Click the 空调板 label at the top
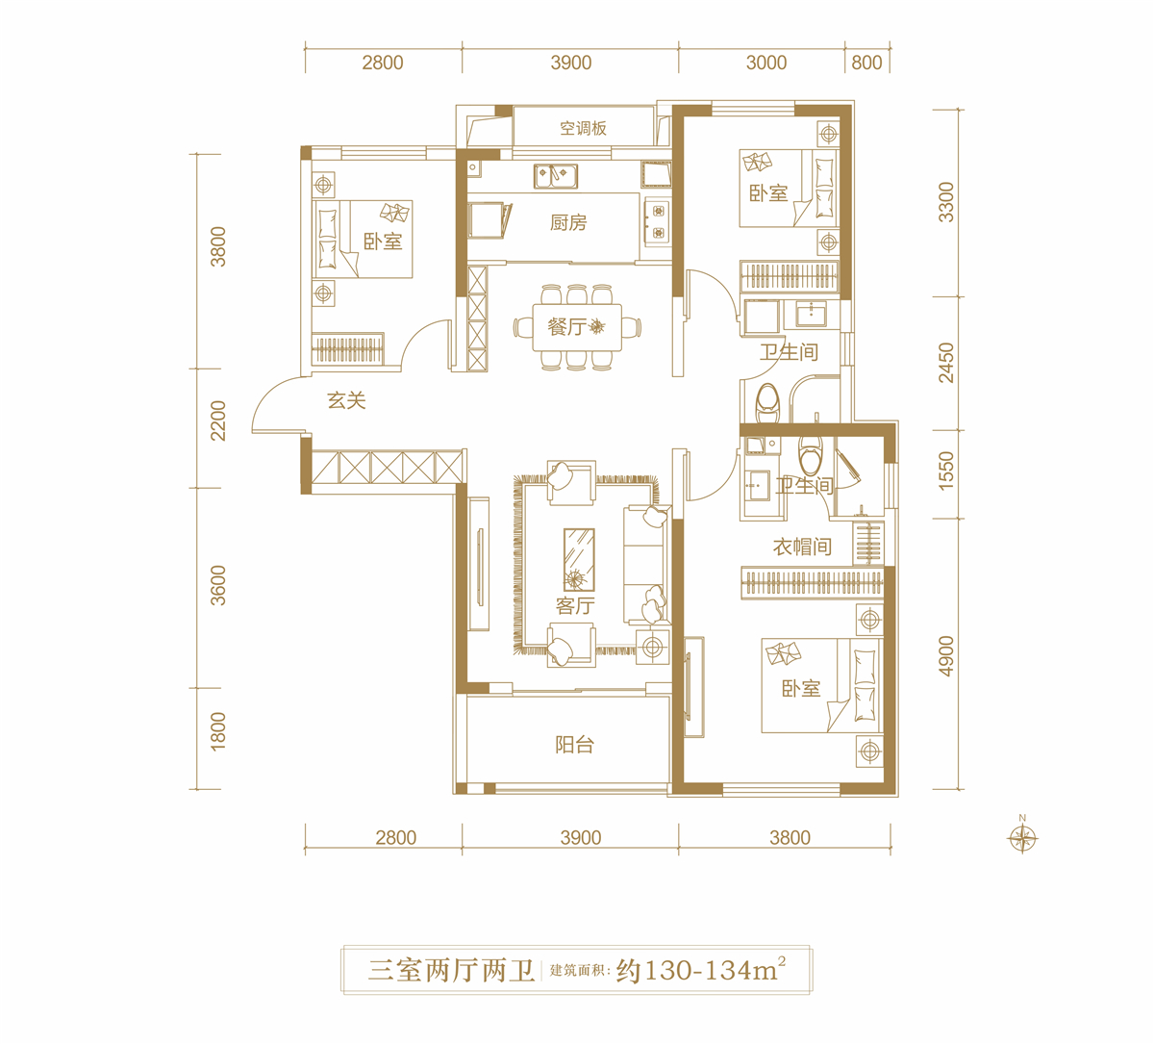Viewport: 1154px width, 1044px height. click(x=584, y=128)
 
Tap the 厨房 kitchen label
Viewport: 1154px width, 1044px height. click(x=568, y=222)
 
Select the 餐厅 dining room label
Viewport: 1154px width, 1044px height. click(x=566, y=327)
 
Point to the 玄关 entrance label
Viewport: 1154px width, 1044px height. click(x=346, y=401)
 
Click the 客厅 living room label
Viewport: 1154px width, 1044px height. click(x=575, y=605)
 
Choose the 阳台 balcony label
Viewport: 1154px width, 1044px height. click(x=574, y=745)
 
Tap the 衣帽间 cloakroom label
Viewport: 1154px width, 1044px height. click(x=802, y=547)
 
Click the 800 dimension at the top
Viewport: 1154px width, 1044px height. click(x=866, y=63)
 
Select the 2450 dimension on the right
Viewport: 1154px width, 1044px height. click(x=946, y=363)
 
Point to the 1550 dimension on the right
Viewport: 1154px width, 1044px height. click(x=946, y=471)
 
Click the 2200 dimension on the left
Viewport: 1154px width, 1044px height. click(x=218, y=420)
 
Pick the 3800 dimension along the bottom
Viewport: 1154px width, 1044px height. click(x=790, y=837)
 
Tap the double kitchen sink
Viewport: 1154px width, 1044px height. click(x=556, y=176)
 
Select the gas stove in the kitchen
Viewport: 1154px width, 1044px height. click(x=658, y=221)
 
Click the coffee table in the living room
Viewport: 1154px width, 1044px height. click(x=579, y=560)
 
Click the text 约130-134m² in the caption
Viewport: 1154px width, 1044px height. click(x=701, y=970)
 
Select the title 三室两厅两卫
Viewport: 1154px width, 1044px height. click(x=452, y=971)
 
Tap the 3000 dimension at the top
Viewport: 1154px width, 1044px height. click(x=766, y=63)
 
